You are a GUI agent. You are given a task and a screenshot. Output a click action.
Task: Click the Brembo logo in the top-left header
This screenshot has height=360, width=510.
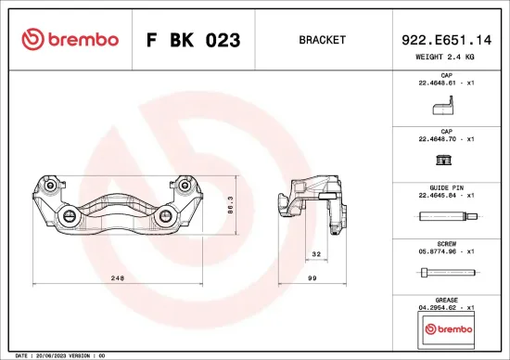point(70,39)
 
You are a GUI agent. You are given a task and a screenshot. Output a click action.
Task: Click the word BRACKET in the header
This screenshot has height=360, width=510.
point(322,40)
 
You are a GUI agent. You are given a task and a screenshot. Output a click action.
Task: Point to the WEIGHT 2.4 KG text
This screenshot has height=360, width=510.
point(445,57)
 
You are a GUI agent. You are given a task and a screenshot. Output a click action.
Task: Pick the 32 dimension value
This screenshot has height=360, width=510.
point(315,253)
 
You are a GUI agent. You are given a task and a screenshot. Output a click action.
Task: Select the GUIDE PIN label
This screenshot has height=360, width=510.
point(446,186)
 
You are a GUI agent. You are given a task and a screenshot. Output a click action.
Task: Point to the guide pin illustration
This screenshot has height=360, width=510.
point(446,217)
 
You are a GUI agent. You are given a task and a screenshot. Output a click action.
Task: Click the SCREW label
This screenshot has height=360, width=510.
point(446,242)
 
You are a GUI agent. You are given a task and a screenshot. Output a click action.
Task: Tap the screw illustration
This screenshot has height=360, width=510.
point(446,273)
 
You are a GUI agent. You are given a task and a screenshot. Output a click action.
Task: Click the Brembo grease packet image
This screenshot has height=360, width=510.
point(446,328)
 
